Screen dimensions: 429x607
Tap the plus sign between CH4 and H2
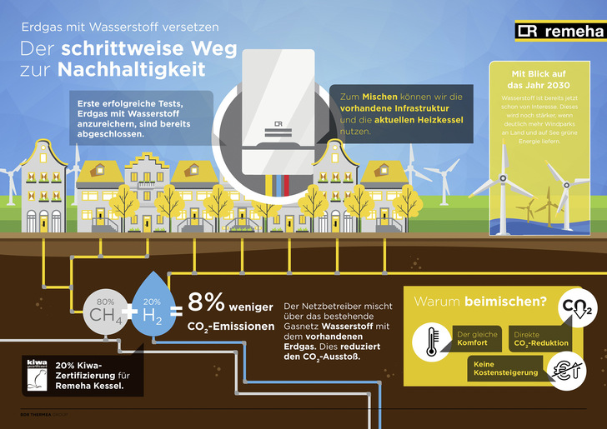130,312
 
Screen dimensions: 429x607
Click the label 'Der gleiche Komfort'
478,338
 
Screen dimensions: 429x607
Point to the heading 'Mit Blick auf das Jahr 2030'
542,79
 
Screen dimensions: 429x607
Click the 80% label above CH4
105,300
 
